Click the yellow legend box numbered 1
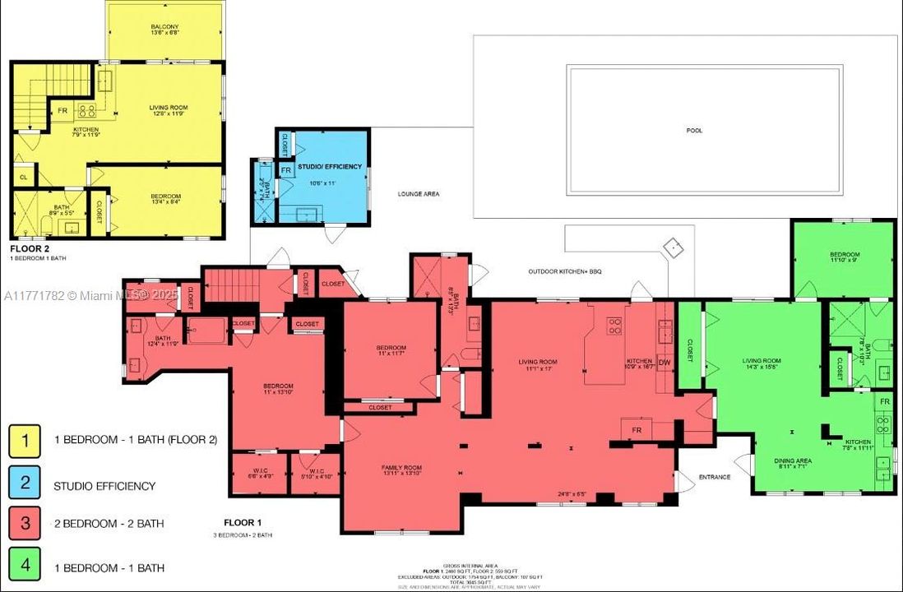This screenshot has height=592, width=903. click(x=25, y=440)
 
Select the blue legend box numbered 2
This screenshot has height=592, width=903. click(x=25, y=483)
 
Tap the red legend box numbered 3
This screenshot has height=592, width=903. click(x=25, y=524)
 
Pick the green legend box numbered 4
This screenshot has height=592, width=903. click(x=25, y=567)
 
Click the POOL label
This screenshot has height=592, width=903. click(x=695, y=130)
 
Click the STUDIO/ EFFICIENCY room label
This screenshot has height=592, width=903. click(x=330, y=166)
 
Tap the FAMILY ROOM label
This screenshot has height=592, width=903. click(x=401, y=469)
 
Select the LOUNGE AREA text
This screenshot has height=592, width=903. click(x=419, y=194)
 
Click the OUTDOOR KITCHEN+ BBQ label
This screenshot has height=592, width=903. click(x=566, y=271)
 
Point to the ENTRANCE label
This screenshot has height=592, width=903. click(x=715, y=477)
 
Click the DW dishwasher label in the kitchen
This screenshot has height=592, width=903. click(x=665, y=361)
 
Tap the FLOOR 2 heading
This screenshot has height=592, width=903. click(x=30, y=247)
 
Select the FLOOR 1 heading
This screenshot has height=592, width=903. click(x=243, y=522)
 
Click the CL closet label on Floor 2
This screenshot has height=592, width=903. click(x=23, y=176)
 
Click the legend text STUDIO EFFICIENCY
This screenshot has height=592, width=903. click(x=104, y=485)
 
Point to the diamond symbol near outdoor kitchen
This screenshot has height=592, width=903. click(x=674, y=247)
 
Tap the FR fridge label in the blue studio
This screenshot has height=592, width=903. click(x=286, y=171)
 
